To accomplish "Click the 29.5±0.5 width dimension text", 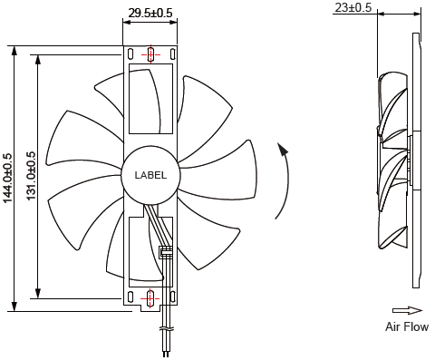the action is click(150, 13).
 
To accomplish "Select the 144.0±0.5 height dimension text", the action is click(8, 178).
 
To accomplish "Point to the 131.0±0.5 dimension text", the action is click(31, 176).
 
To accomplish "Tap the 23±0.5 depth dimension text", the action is click(353, 7).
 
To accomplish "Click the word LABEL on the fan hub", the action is click(150, 175).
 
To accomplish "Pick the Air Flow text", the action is click(407, 326).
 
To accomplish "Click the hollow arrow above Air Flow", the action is click(407, 310).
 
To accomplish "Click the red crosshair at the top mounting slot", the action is click(150, 54).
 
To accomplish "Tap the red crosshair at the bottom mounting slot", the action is click(150, 298).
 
